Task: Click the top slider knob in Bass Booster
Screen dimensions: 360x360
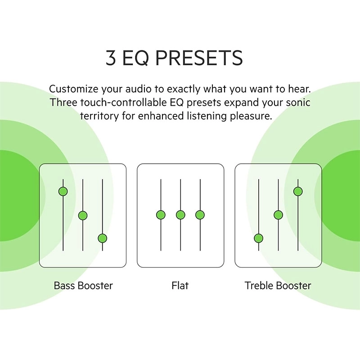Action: pos(63,191)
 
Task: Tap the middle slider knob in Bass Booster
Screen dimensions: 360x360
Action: pos(82,216)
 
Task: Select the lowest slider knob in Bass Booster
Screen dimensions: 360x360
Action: pos(102,238)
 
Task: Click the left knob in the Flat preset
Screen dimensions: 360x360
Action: pos(161,215)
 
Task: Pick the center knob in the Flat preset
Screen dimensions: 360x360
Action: pos(180,215)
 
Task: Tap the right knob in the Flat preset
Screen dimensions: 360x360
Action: pos(200,215)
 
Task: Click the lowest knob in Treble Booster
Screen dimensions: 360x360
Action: pos(258,238)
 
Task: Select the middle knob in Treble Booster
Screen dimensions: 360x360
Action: pos(278,215)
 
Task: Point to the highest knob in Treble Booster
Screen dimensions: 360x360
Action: pos(297,191)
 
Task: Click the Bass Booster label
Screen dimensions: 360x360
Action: pos(83,285)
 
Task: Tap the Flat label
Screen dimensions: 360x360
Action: pos(180,285)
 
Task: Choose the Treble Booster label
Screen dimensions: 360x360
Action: pos(278,285)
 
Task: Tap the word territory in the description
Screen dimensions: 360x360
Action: pos(99,116)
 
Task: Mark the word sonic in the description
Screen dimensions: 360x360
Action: pos(297,102)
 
